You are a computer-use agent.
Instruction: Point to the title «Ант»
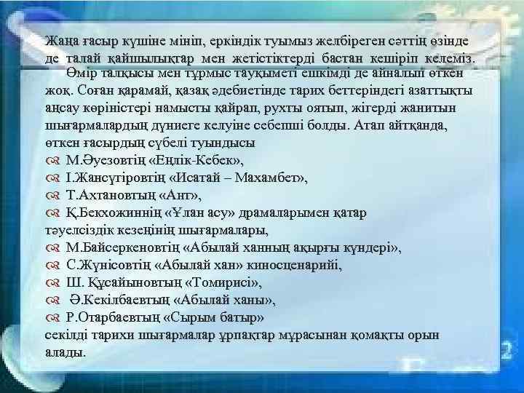[x=184, y=195]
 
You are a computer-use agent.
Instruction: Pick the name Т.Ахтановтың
[x=114, y=195]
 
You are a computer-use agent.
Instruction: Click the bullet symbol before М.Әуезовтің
[x=52, y=160]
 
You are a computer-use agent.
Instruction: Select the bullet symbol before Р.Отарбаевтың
[x=52, y=318]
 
